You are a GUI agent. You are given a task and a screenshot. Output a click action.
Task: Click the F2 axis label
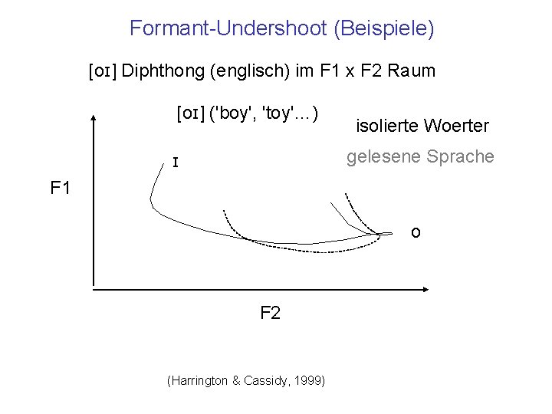271,313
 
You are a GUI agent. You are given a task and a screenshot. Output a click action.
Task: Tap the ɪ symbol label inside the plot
176,163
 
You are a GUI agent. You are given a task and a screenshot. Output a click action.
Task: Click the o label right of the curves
415,232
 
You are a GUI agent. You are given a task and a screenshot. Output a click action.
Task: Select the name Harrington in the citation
199,381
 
